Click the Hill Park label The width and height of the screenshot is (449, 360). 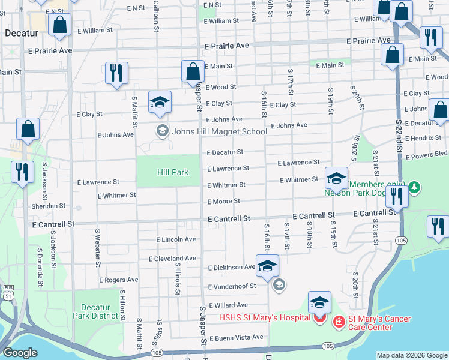point(173,173)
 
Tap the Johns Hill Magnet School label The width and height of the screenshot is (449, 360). point(219,132)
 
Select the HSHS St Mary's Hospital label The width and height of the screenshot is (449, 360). point(265,317)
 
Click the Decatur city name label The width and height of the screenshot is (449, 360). point(21,34)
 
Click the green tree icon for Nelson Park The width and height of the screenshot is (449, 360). point(414,188)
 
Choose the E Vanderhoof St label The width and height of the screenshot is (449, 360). point(231,286)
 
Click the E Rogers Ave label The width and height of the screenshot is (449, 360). point(118,280)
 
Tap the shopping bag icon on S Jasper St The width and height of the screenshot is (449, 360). point(193,72)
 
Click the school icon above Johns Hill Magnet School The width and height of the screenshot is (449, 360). point(160,103)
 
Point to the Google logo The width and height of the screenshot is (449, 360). point(20,353)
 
